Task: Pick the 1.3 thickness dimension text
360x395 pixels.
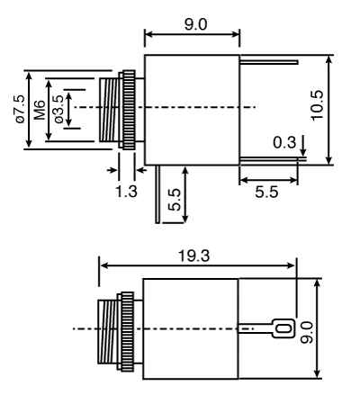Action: click(x=127, y=192)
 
